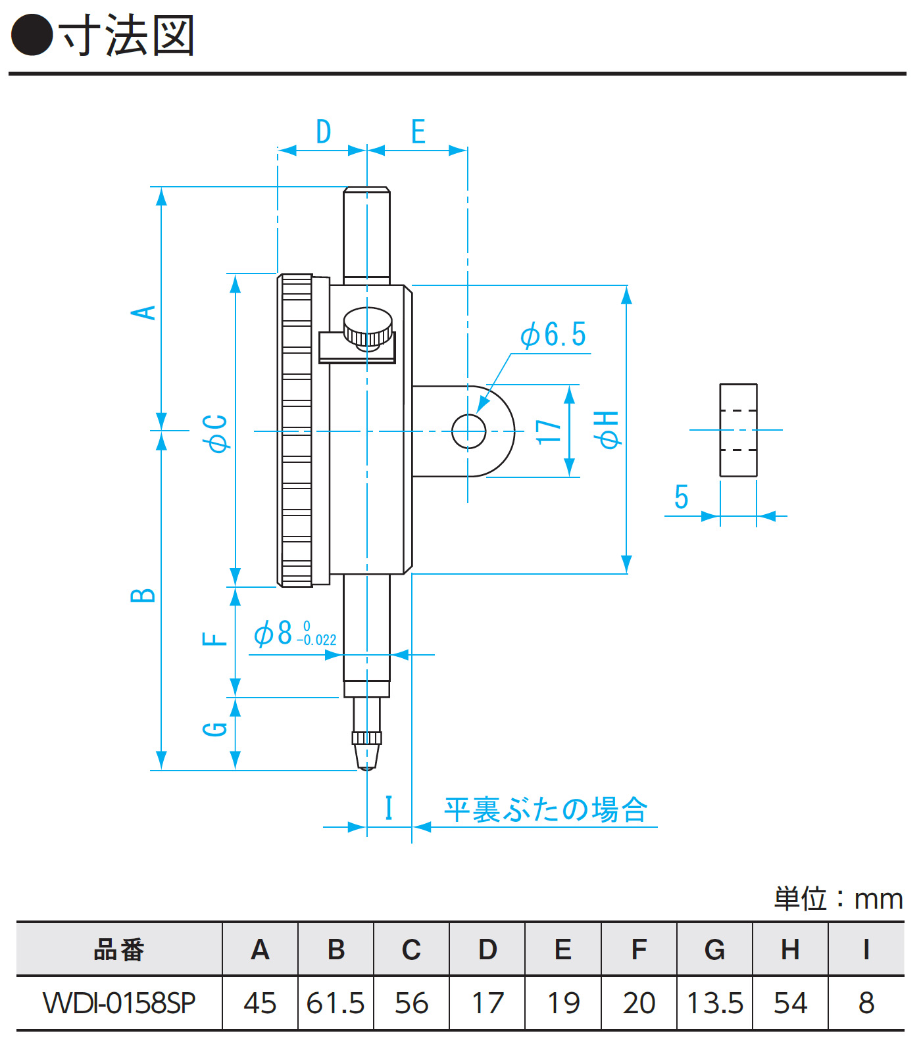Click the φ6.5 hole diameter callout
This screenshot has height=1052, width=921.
tap(553, 335)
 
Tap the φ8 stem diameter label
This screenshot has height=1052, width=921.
tap(295, 634)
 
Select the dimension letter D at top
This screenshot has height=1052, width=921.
tap(323, 131)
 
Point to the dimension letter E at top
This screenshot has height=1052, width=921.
tap(418, 131)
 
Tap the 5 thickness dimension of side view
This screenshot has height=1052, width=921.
tap(682, 497)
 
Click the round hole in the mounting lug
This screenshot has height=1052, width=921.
tap(468, 431)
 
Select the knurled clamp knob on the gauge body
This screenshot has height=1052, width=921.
tap(368, 327)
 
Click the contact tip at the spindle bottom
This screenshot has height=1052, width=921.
tap(367, 756)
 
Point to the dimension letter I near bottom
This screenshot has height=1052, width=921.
tap(389, 808)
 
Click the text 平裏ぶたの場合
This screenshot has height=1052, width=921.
tap(546, 810)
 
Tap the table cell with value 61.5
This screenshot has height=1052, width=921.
tap(336, 1003)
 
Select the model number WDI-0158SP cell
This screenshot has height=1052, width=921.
tap(119, 1003)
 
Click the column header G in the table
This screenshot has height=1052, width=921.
tap(714, 950)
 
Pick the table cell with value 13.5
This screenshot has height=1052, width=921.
tap(714, 1003)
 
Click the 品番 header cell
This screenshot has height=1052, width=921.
tap(119, 950)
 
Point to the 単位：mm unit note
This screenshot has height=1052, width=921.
tap(838, 899)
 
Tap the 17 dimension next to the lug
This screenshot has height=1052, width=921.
tap(549, 432)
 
